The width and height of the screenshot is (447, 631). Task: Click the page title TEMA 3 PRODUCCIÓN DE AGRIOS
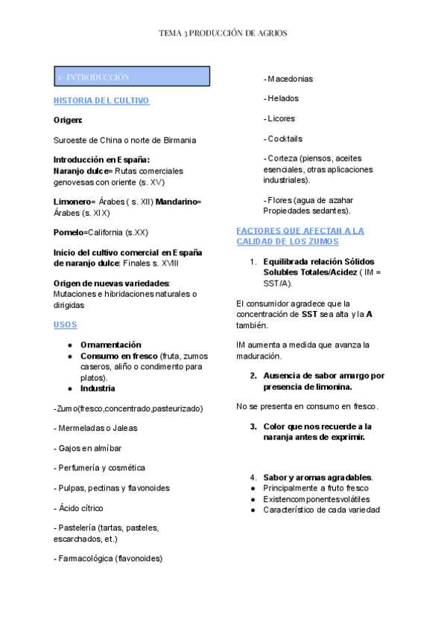223,33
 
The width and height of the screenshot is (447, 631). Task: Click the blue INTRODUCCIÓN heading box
131,77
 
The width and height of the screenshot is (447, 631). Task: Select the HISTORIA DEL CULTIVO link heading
101,100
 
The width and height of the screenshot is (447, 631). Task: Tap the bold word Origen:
68,120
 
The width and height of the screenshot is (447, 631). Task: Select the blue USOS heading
65,325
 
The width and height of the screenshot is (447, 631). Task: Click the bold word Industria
98,388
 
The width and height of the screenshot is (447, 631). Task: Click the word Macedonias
291,78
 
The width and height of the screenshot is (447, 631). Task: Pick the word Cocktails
285,138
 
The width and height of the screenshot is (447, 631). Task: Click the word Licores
282,118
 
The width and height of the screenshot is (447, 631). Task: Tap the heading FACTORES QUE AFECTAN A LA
299,231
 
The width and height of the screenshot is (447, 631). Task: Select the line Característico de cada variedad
321,510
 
